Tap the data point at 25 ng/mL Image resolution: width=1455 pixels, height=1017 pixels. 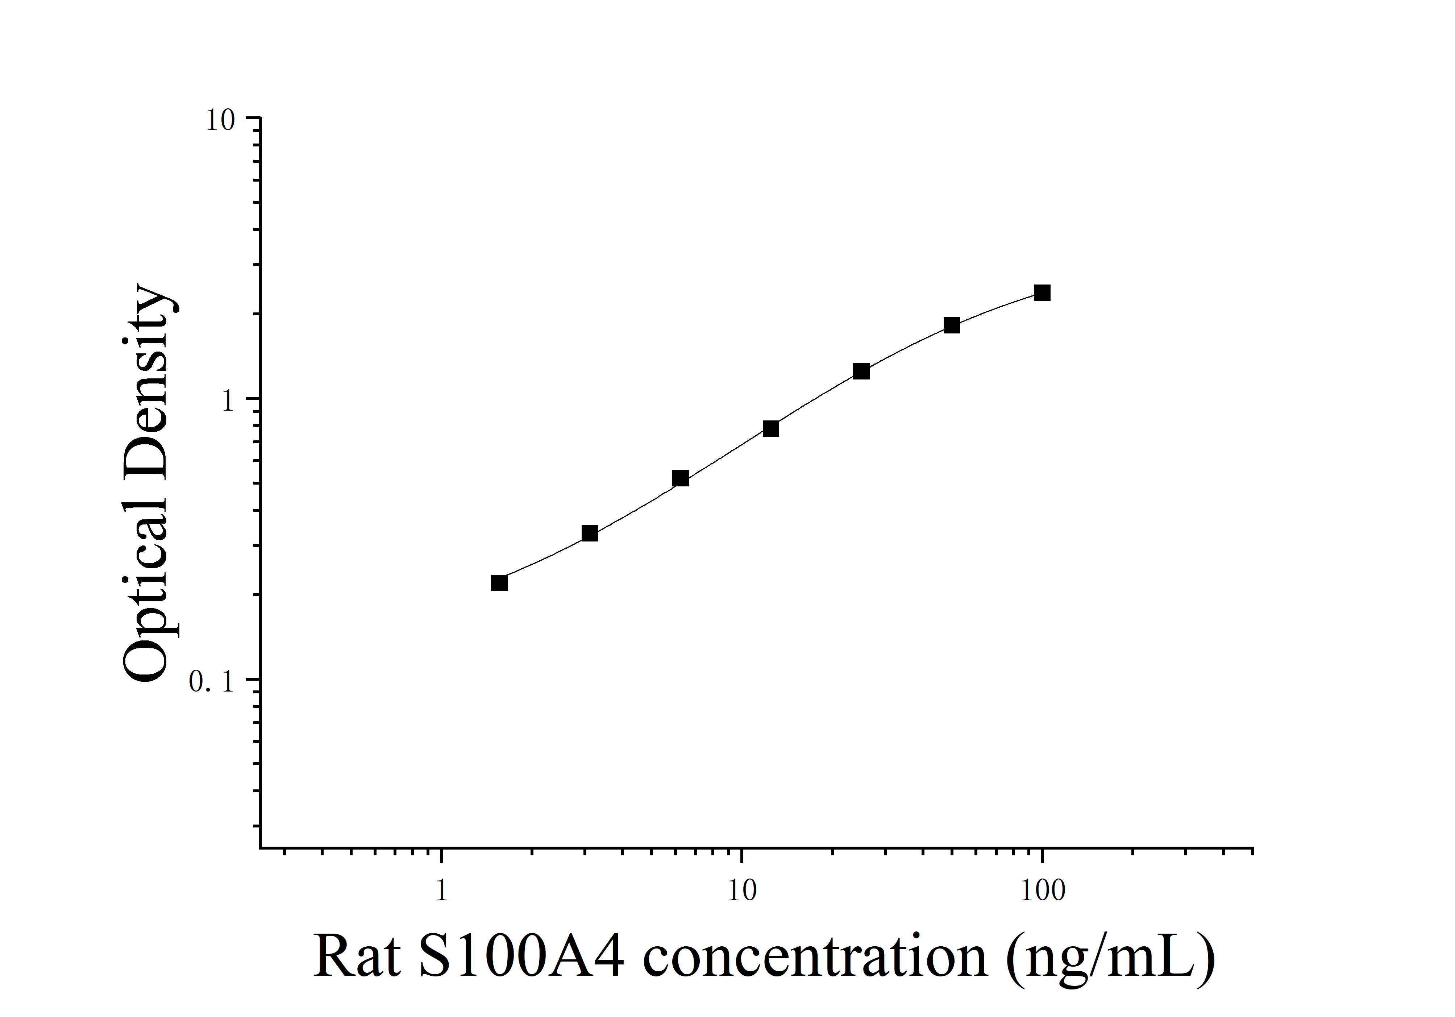tap(861, 371)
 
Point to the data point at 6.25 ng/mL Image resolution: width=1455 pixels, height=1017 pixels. tap(680, 478)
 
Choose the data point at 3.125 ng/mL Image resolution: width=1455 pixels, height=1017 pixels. tap(589, 534)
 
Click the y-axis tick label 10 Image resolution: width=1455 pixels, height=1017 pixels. tap(220, 120)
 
